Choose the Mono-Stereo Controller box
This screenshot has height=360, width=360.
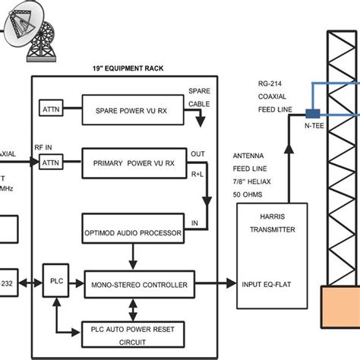(134, 283)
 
